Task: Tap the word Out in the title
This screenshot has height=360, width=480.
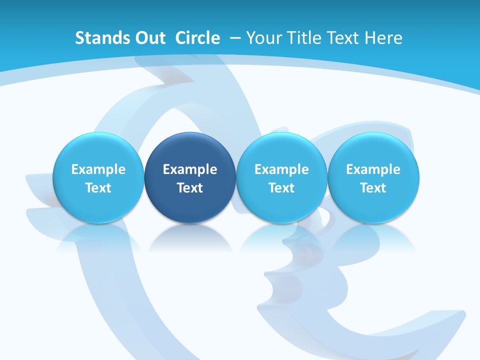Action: click(x=148, y=38)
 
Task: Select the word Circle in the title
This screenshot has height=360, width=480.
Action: click(x=197, y=38)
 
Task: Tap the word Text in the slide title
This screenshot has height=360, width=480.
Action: click(x=346, y=38)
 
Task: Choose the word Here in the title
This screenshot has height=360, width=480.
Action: click(x=384, y=38)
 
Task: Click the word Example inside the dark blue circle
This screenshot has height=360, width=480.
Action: click(x=190, y=169)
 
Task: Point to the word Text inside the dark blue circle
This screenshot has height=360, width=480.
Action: click(x=190, y=188)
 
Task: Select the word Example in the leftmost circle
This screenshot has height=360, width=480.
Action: click(x=98, y=169)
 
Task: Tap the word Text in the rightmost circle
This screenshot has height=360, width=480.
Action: click(x=373, y=188)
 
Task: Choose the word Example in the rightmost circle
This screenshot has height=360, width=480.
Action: click(x=373, y=169)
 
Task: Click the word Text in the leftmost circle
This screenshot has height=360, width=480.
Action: click(x=98, y=188)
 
